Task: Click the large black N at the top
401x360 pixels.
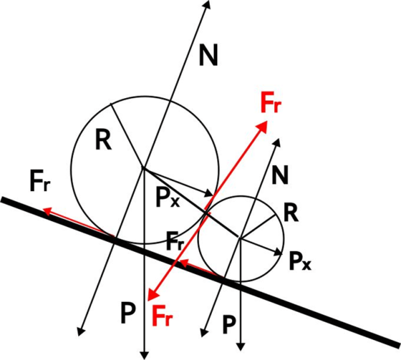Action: (x=209, y=56)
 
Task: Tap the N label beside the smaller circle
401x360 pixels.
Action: (x=281, y=176)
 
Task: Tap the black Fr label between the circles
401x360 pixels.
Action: (x=176, y=240)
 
